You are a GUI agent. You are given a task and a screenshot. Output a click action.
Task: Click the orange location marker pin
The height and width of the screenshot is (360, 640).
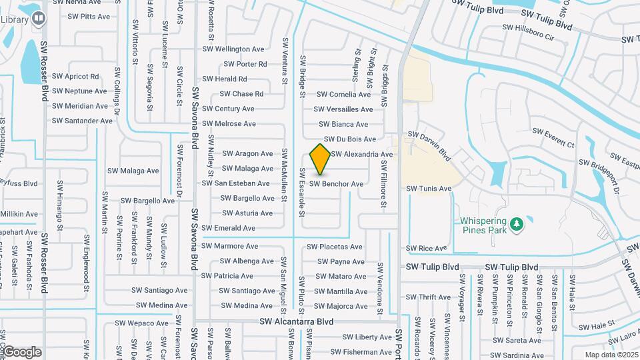(321, 159)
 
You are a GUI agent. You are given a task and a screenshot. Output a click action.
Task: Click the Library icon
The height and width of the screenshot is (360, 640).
(39, 18)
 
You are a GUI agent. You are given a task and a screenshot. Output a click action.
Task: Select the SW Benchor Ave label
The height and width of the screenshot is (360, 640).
(337, 183)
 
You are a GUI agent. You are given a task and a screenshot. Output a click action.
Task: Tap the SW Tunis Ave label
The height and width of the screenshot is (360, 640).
(429, 189)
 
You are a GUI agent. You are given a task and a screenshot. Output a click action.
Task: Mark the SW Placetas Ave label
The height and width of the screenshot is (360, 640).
(335, 247)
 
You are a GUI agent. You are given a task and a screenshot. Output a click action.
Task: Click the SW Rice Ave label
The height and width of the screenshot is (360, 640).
(427, 248)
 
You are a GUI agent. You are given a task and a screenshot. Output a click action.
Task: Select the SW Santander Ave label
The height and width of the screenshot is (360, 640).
(82, 121)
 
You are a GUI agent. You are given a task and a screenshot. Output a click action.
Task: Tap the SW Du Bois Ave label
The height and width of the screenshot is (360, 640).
(350, 139)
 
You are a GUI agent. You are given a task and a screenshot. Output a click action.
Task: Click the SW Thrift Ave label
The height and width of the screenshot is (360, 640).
(429, 297)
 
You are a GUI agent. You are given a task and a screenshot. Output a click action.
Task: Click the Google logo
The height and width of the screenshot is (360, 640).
(23, 351)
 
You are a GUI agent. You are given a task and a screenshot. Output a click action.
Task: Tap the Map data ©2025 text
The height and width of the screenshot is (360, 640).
(611, 355)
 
